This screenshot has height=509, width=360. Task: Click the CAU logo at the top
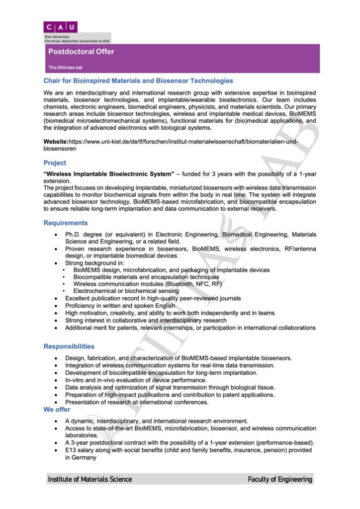[x=60, y=27]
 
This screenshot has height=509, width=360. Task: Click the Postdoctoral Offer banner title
[x=81, y=52]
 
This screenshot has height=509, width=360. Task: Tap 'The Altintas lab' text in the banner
[x=65, y=67]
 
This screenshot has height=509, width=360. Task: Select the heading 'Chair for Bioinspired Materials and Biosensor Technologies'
[x=138, y=81]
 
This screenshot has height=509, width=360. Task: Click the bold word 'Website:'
[x=56, y=142]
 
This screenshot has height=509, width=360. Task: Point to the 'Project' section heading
[x=54, y=163]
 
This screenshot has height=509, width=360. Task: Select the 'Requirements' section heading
[x=65, y=223]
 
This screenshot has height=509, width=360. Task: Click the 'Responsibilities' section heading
[x=69, y=346]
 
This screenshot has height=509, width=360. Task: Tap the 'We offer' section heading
[x=57, y=410]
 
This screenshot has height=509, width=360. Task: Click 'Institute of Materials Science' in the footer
[x=90, y=479]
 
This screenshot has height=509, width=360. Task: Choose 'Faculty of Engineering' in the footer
[x=280, y=479]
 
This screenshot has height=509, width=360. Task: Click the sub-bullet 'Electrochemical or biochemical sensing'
[x=126, y=291]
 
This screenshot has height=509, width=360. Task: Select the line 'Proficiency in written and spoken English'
[x=120, y=306]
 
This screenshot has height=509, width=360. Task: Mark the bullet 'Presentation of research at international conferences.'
[x=137, y=402]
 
